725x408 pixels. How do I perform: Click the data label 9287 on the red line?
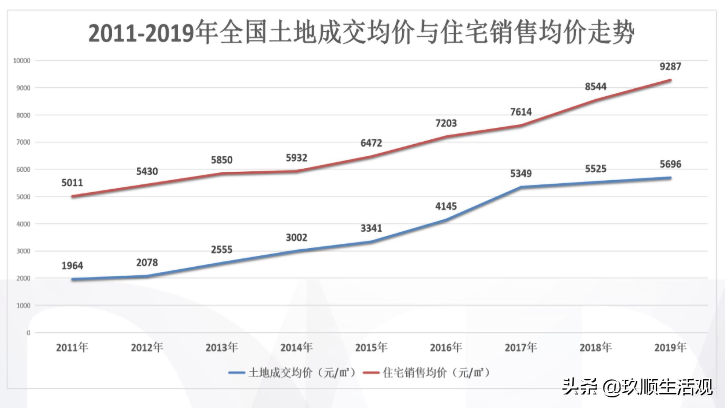coord(670,67)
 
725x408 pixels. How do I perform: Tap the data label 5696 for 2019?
coord(670,164)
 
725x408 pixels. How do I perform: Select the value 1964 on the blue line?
coord(72,266)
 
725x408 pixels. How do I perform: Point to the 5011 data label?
coord(72,183)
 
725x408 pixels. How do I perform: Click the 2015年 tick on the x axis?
coord(371,347)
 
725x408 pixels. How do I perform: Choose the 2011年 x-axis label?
coord(72,347)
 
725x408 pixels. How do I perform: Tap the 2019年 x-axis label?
coord(670,347)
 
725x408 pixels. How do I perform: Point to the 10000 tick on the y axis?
coord(22,61)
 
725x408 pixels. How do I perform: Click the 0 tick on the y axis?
coord(28,333)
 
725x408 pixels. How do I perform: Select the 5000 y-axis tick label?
coord(23,197)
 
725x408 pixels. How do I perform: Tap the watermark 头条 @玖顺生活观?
coord(637,387)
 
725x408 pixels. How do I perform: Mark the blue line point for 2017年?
coord(521,187)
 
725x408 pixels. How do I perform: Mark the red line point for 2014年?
coord(296,171)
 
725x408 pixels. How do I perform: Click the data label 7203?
coord(446,124)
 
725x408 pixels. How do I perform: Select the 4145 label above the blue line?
coord(446,207)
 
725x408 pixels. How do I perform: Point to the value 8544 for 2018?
coord(595,87)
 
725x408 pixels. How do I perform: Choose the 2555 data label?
coord(222,250)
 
